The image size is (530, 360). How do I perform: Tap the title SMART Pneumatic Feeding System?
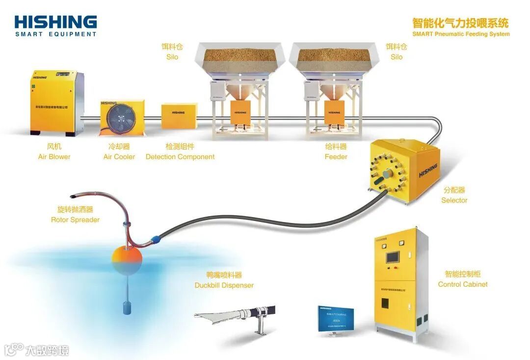click(x=460, y=34)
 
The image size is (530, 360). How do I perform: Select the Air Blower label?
click(x=54, y=157)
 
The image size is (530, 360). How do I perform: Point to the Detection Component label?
click(x=180, y=157)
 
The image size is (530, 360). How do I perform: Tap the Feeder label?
click(x=336, y=157)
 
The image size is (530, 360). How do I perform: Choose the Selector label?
click(x=454, y=200)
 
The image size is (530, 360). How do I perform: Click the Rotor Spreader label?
click(x=75, y=220)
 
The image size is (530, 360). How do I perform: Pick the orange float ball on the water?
click(x=127, y=258)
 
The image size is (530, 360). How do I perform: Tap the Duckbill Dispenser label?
click(x=224, y=285)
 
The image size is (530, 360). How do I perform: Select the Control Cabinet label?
click(x=463, y=284)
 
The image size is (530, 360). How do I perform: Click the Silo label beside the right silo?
click(x=397, y=57)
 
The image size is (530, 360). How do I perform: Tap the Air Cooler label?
click(x=119, y=157)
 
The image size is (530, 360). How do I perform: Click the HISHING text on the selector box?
click(x=428, y=170)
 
